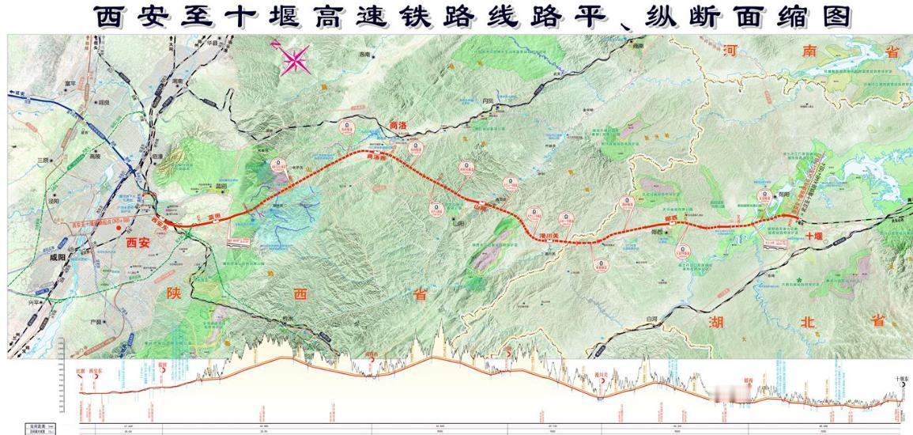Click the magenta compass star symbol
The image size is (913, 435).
point(294,59)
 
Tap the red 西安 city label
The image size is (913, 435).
point(138,243)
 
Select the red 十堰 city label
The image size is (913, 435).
point(815,236)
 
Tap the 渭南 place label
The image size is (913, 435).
point(177,81)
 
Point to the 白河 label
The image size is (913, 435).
point(651,318)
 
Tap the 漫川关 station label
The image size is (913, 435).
point(549,235)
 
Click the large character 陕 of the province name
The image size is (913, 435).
point(174,293)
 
